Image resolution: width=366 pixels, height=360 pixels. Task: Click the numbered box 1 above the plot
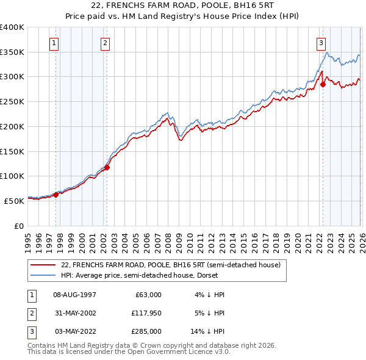(x=55, y=43)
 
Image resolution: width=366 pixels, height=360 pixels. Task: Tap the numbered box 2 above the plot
(x=106, y=43)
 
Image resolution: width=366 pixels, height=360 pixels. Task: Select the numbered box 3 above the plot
(x=321, y=43)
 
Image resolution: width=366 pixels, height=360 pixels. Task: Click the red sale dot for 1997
(x=56, y=195)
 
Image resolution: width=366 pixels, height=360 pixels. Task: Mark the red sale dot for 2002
(x=107, y=167)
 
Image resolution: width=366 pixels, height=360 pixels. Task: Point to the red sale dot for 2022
(x=323, y=85)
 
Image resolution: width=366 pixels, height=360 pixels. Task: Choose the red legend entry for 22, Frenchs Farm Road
(x=170, y=265)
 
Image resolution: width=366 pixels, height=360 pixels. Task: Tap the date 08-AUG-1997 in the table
(x=75, y=295)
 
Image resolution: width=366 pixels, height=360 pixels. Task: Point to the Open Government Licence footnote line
(x=129, y=352)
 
